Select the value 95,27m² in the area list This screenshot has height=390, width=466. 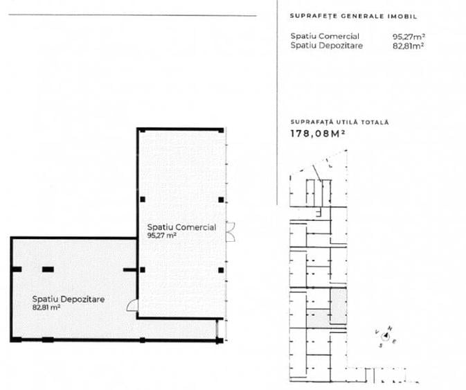(408, 37)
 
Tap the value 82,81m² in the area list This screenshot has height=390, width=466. (408, 46)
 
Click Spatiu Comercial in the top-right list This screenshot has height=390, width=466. (325, 37)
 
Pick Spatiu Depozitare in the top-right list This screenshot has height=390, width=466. (327, 46)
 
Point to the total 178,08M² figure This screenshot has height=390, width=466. (318, 134)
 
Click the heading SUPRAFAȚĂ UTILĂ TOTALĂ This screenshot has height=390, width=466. (339, 122)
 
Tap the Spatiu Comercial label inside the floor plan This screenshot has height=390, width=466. (181, 227)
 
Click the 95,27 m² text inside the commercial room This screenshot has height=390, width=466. (162, 236)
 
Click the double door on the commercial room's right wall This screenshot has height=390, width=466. (232, 231)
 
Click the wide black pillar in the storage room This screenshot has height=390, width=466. (47, 269)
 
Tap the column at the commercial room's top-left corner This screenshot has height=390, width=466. (141, 131)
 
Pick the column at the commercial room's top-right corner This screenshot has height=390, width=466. (220, 131)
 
